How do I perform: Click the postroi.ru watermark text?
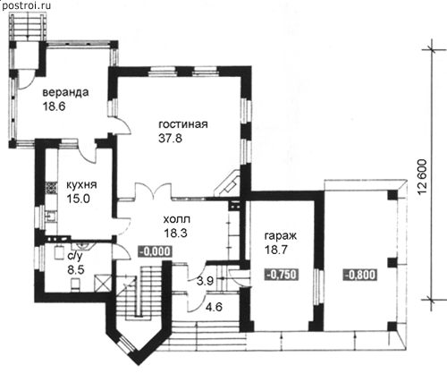coord(26,5)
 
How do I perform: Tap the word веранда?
coord(65,92)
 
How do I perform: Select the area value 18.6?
coord(54,106)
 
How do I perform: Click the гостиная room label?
coord(183,123)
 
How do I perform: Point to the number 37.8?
coord(170,139)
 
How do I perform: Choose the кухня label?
coord(81,184)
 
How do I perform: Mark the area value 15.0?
coord(78,199)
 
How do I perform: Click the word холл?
coord(177,220)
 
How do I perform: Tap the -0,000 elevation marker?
coord(155,251)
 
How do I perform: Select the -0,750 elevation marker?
coord(282,275)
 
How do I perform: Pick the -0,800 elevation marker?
coord(360,275)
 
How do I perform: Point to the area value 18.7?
coord(276,250)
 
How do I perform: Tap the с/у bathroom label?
coord(75,256)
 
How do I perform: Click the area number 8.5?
coord(76,270)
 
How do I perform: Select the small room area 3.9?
coord(205,281)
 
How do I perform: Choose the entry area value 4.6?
coord(214,307)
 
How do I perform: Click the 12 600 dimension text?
coord(422,177)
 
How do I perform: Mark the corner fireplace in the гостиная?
coord(228,185)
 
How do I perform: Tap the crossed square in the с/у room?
coord(103,283)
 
